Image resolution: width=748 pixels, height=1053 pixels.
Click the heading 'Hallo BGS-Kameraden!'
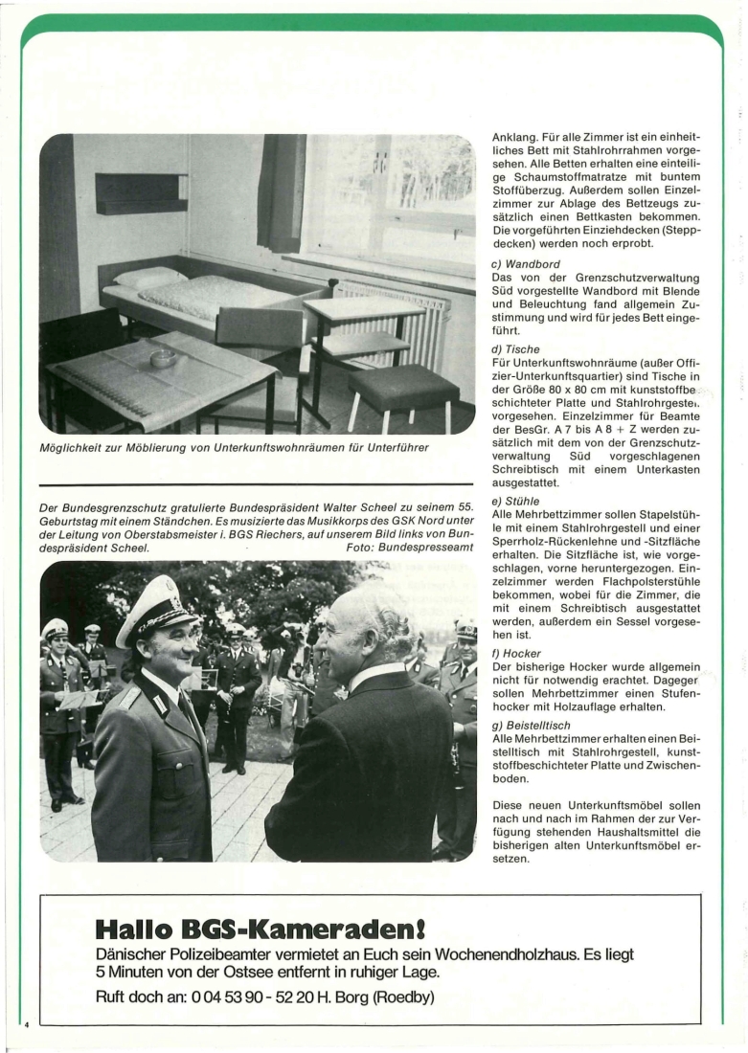(x=260, y=929)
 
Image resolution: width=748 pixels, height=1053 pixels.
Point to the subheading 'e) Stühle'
(x=514, y=501)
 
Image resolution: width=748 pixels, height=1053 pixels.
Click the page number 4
(x=28, y=1025)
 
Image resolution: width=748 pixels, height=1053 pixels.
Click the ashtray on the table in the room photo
(x=164, y=358)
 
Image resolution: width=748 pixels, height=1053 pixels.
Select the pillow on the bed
(x=150, y=278)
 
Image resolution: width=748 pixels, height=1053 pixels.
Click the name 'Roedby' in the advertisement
(x=405, y=997)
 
